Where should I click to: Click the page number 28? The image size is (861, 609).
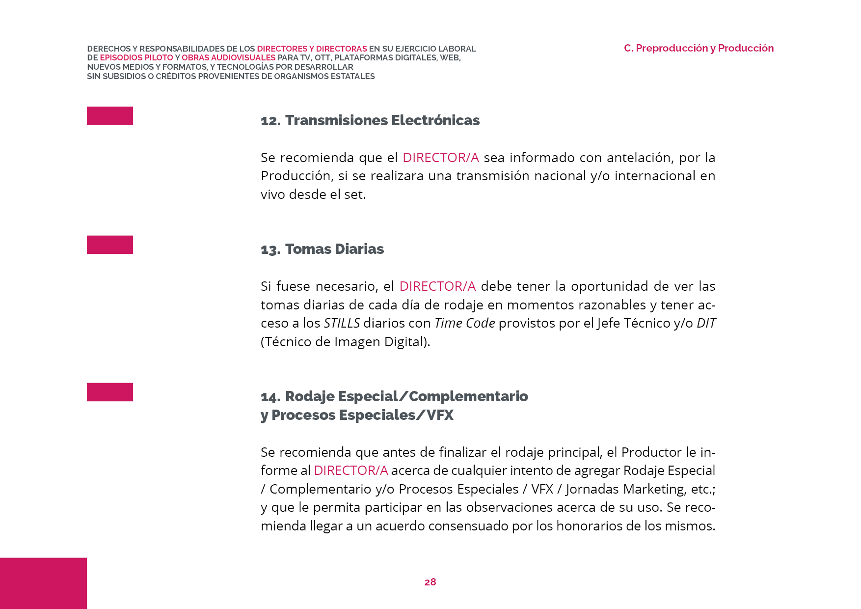coord(430,582)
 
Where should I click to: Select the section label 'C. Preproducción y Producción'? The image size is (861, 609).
coord(699,48)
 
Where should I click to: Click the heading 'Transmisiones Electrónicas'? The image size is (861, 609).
coord(382,120)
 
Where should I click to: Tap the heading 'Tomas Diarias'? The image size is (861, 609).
coord(334,249)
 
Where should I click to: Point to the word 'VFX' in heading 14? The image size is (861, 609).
coord(440,415)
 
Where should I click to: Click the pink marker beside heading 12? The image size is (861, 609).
coord(110,116)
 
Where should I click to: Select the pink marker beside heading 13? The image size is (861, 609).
coord(110,245)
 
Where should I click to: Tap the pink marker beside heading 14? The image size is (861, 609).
coord(110,392)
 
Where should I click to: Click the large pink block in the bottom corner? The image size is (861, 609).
coord(43,583)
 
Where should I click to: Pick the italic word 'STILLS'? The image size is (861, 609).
coord(342,323)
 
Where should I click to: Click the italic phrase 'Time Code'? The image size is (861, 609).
coord(464,323)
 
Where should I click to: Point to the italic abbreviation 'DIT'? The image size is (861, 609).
coord(706,323)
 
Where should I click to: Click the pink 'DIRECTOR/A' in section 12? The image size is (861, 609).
coord(440,158)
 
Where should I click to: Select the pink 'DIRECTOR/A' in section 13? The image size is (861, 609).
coord(437,286)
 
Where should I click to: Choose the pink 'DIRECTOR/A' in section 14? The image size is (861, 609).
coord(350,471)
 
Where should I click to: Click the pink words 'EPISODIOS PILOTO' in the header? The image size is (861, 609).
coord(136,58)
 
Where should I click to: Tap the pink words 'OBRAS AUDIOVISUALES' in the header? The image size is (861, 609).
coord(228,58)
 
